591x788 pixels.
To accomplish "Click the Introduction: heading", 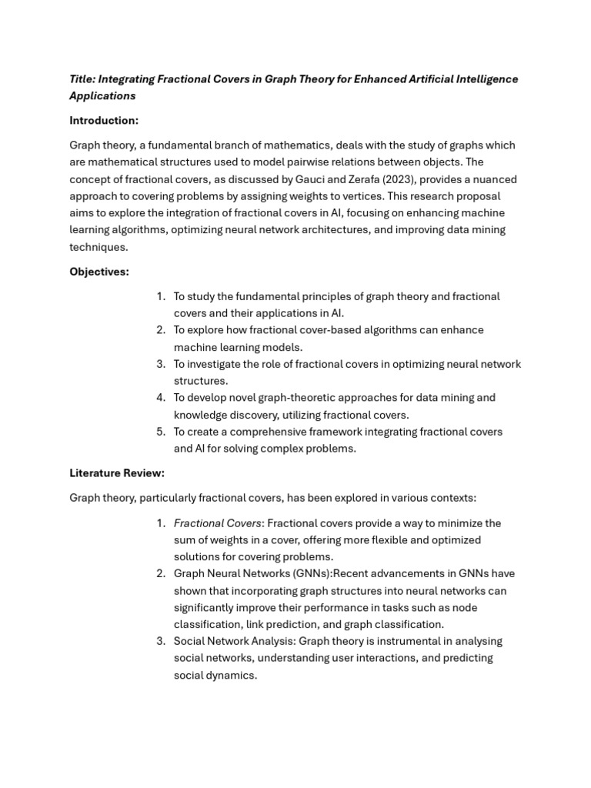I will point(104,121).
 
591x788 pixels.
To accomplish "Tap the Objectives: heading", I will point(99,272).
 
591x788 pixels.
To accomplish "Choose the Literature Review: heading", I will point(117,472).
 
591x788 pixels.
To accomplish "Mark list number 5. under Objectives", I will point(161,432).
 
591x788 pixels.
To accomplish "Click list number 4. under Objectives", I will point(161,398).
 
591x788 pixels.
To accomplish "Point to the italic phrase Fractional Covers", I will point(218,523).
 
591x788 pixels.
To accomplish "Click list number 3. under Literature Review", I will point(161,642).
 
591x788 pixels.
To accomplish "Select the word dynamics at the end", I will point(232,676).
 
